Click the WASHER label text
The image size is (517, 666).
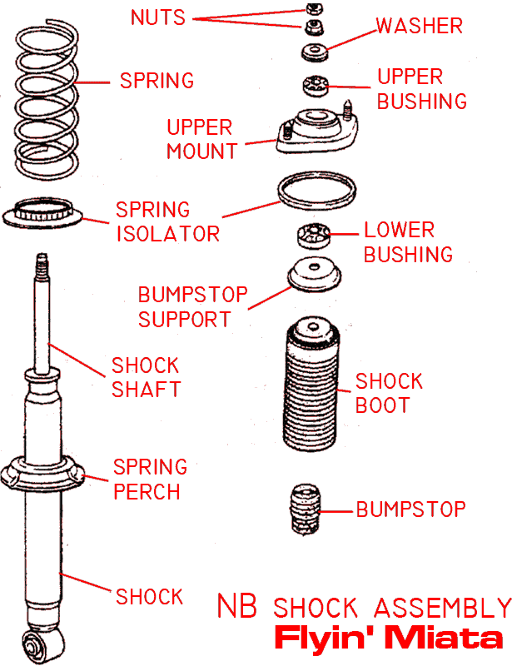click(419, 26)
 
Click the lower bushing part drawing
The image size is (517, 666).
click(314, 236)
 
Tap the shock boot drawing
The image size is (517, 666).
click(312, 383)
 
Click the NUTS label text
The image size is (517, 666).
click(158, 17)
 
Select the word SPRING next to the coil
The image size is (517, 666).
click(157, 81)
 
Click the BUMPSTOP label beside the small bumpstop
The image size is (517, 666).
click(410, 509)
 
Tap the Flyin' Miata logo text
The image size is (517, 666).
click(389, 639)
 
